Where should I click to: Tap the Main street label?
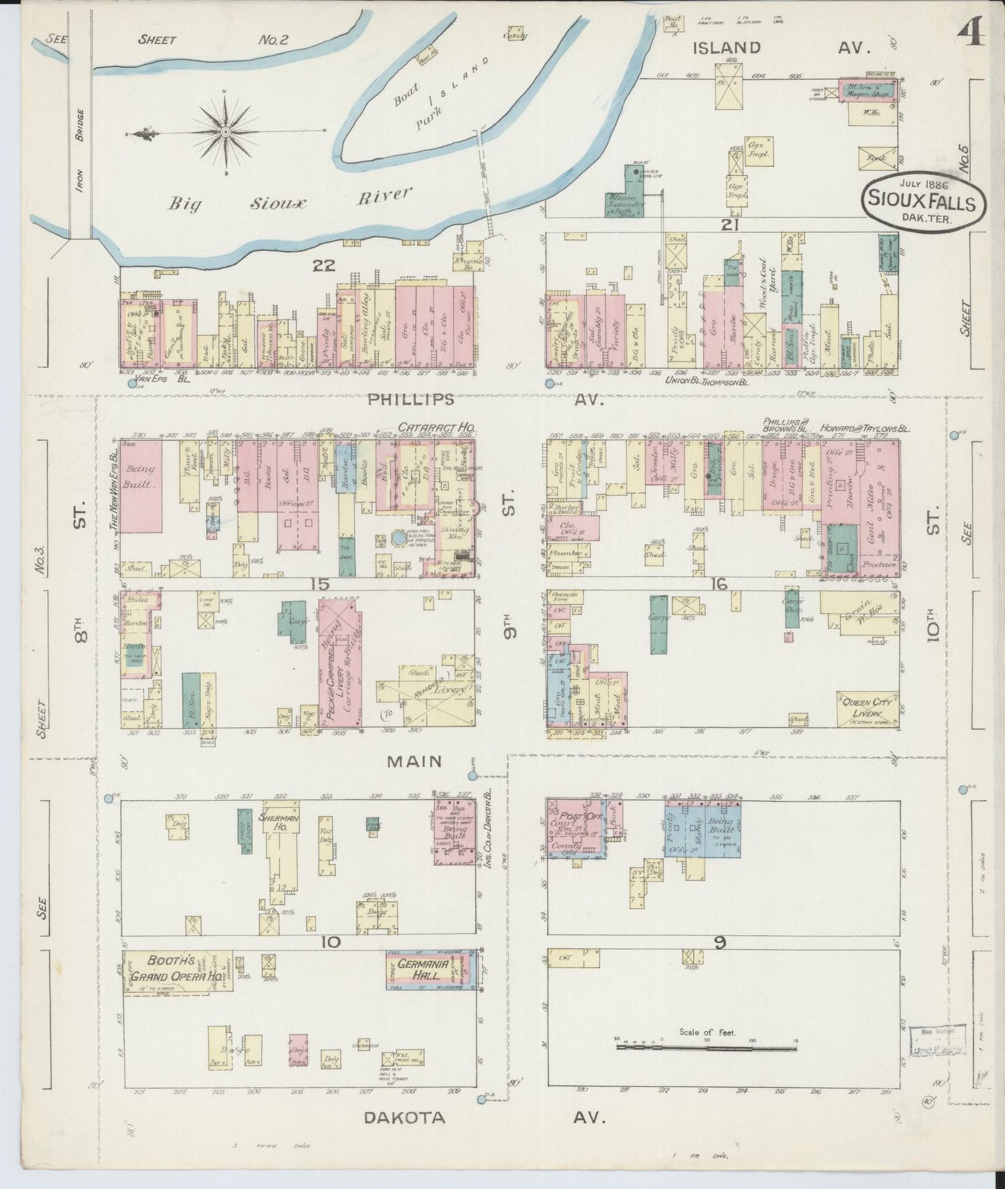pos(415,761)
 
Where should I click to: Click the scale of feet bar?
pos(706,1046)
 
